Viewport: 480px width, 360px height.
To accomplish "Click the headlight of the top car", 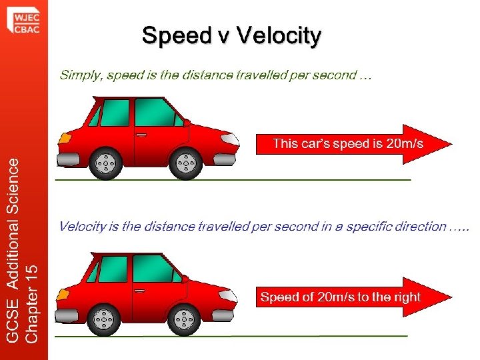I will [229, 139].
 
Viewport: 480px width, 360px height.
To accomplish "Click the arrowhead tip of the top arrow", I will [451, 143].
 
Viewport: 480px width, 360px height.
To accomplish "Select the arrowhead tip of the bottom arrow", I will [451, 297].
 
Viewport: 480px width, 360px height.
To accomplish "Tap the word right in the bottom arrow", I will [405, 297].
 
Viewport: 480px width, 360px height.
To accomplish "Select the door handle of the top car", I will [141, 135].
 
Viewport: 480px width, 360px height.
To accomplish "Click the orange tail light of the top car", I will [65, 138].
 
